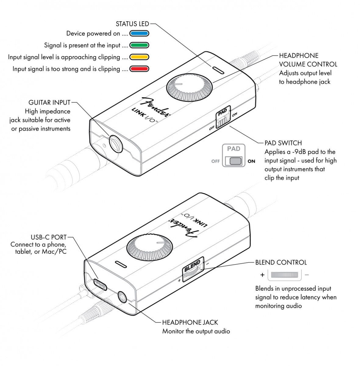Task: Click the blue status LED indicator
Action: coord(139,34)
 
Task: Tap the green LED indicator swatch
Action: coord(139,45)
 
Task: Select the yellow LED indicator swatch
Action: coord(139,57)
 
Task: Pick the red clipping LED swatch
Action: coord(139,69)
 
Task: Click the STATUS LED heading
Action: coord(132,24)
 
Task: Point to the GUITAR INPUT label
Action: coord(49,102)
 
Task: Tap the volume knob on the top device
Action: coord(188,88)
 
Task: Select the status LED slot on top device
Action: coord(218,70)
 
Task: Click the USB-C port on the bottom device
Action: coord(100,285)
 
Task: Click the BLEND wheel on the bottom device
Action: coord(193,269)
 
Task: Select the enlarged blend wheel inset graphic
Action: coord(284,275)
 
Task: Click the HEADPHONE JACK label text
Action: coord(190,322)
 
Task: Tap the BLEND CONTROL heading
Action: coord(281,262)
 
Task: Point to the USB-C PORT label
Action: coord(48,237)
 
